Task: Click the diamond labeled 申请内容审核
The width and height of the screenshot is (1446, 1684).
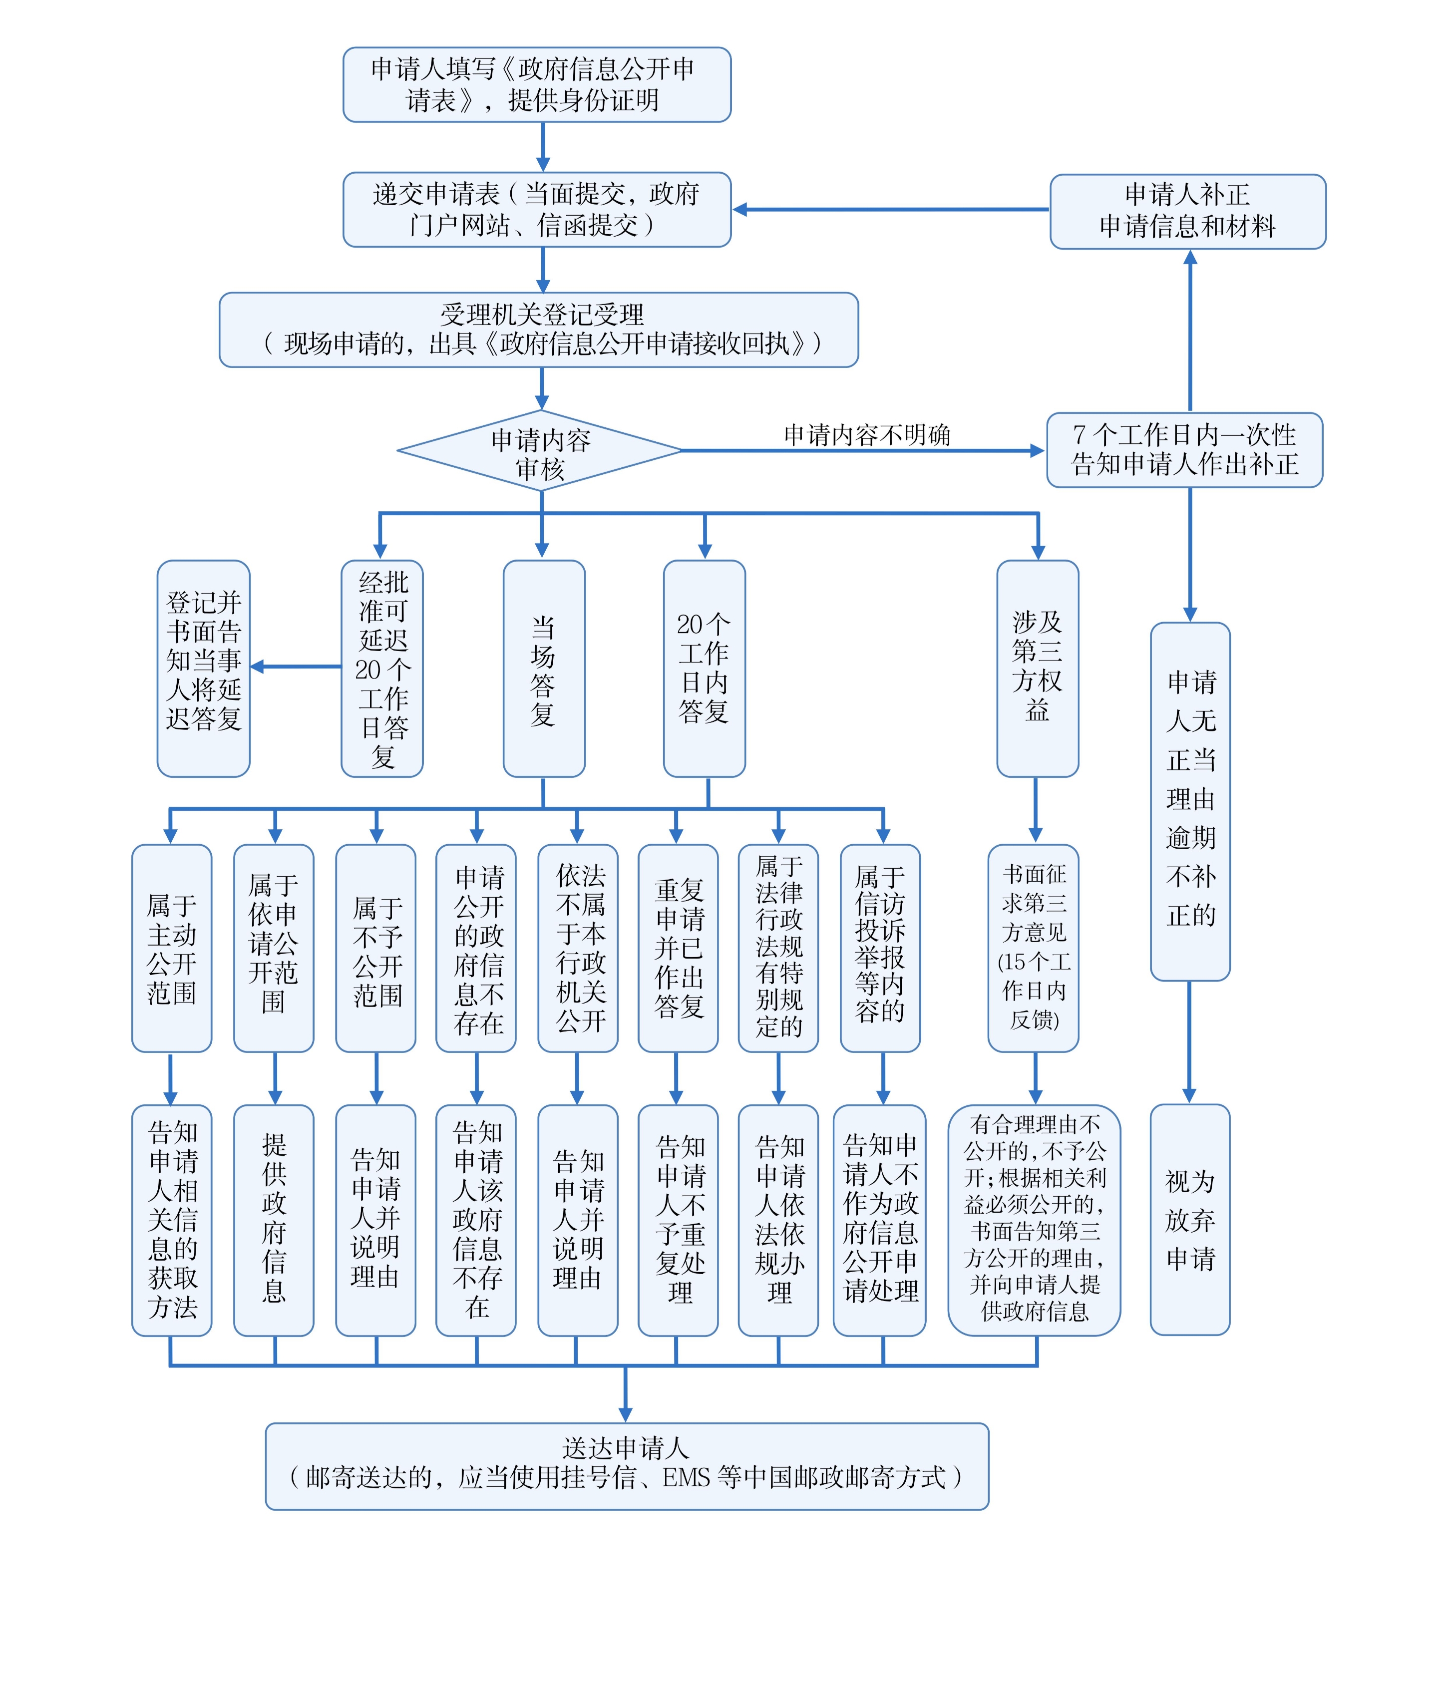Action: pos(540,451)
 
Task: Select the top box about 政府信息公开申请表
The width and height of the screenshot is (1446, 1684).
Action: pos(536,84)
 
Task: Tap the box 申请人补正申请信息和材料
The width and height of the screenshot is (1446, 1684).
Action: pos(1187,211)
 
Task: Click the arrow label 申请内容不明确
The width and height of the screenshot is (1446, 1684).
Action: pos(866,436)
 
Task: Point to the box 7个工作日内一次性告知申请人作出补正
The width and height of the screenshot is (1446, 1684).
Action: pos(1184,449)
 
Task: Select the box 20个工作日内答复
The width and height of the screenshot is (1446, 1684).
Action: pos(704,668)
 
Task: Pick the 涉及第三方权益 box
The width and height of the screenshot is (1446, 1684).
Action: pos(1037,668)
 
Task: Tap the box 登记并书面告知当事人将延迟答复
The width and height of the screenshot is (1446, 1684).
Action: pos(203,668)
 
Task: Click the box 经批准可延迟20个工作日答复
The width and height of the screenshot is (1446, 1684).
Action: pos(382,668)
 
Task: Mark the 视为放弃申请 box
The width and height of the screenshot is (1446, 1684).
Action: pos(1189,1219)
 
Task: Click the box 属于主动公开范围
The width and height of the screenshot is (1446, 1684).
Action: pos(171,948)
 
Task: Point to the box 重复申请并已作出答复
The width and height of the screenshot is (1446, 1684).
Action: pos(678,948)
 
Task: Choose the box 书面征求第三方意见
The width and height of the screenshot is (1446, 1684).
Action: pos(1033,948)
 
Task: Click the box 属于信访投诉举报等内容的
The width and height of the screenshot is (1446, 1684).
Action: pos(879,948)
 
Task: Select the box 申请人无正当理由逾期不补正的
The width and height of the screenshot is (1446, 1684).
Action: pos(1190,800)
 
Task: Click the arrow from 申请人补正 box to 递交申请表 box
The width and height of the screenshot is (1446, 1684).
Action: pos(890,210)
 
